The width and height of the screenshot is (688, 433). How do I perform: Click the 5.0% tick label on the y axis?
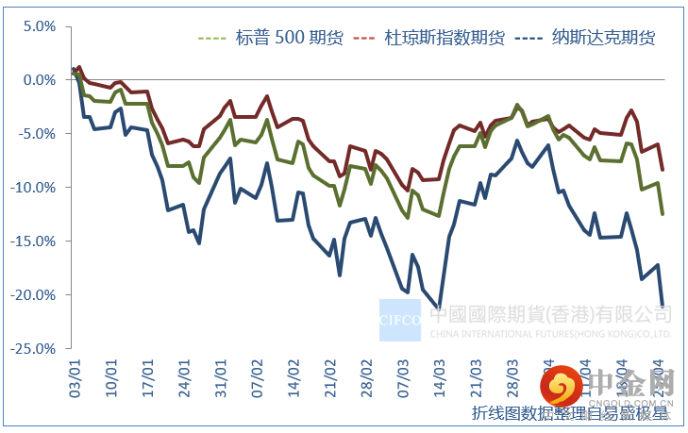(x=39, y=26)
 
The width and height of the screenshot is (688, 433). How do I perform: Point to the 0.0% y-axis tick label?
(x=39, y=80)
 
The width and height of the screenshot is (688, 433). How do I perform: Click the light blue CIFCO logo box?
(x=399, y=320)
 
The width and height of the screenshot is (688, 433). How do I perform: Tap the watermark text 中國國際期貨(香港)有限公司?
(x=551, y=315)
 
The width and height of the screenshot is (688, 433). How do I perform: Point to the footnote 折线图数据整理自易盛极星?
(x=570, y=412)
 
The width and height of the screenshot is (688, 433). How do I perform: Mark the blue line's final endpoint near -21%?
(x=663, y=305)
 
